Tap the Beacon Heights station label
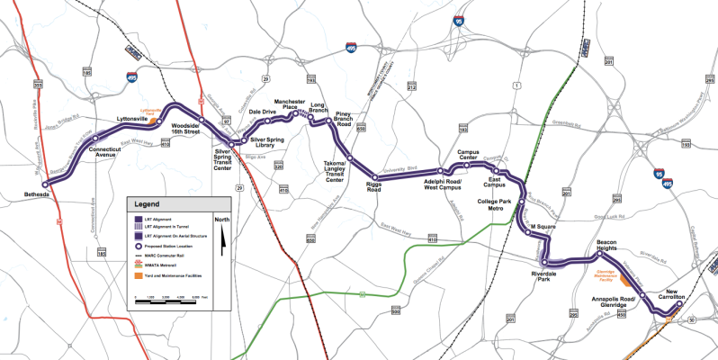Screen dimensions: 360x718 point(612,247)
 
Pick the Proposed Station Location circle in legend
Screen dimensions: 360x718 point(139,247)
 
